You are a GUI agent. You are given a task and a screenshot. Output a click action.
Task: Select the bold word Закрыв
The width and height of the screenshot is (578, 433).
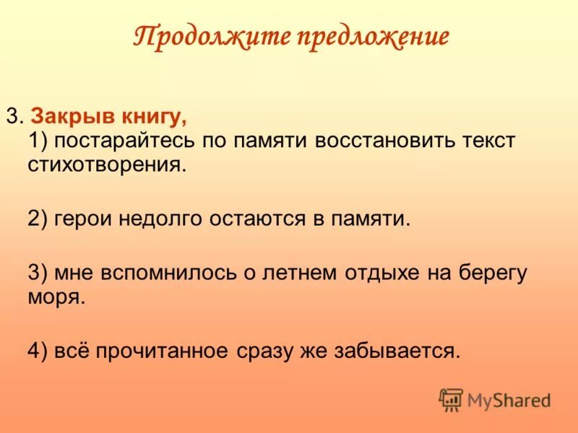point(66,116)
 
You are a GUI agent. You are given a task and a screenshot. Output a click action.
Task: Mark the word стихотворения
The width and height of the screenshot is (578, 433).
point(107,165)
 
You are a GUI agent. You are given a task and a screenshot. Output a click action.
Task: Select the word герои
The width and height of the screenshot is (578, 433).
point(82,219)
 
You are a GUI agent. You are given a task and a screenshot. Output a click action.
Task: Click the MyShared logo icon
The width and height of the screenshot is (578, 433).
point(451,399)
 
